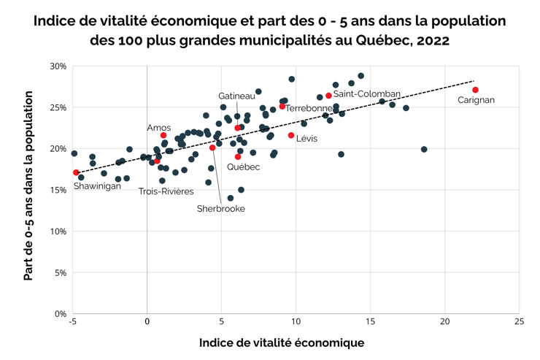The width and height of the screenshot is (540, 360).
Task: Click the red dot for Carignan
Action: click(475, 90)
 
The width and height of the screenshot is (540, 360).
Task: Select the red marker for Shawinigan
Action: click(76, 173)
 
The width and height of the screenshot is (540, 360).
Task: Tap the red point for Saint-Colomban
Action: click(328, 96)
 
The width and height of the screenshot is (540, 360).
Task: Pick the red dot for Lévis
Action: click(291, 135)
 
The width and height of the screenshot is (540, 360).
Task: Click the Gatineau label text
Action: click(236, 96)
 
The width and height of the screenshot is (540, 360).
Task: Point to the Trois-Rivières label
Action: click(166, 191)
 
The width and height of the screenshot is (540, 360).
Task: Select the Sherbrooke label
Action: click(221, 209)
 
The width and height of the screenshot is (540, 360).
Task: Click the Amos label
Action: click(159, 128)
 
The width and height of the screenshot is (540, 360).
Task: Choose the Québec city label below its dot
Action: click(243, 167)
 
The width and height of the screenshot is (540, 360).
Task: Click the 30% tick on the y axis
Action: click(58, 66)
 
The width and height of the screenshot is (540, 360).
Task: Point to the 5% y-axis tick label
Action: click(61, 273)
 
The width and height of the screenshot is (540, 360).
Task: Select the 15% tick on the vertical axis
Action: click(58, 190)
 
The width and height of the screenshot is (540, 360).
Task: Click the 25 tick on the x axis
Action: click(518, 321)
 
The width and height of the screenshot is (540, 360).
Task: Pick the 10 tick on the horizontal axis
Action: click(296, 321)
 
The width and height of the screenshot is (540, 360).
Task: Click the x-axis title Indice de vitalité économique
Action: click(281, 342)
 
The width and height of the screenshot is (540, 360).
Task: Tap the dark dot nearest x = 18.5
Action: click(424, 150)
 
